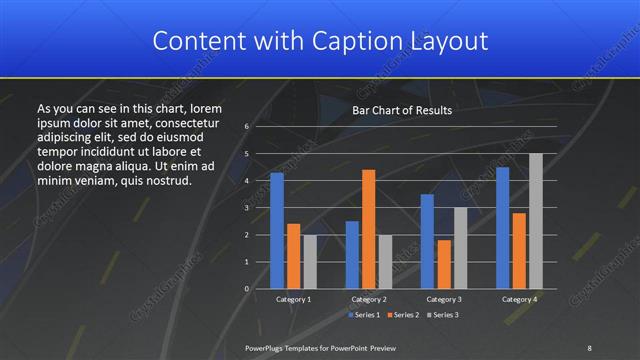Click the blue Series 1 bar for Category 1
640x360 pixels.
277,231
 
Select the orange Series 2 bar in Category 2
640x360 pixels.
369,229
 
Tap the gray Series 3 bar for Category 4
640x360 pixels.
536,221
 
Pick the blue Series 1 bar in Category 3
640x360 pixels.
427,241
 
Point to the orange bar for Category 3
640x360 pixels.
444,264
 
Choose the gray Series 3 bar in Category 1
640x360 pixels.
310,262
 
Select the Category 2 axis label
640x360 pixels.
369,299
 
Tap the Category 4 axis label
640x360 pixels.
519,299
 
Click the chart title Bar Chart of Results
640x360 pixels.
402,110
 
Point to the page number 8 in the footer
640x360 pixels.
589,347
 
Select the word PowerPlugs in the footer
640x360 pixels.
265,347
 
